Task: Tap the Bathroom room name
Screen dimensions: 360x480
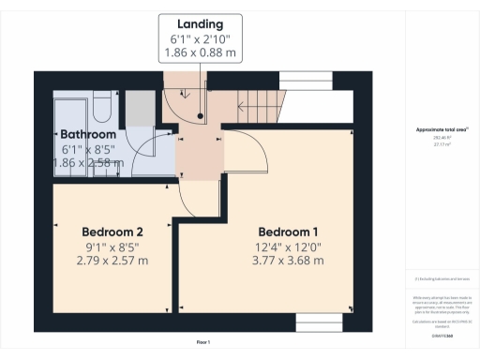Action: tap(88, 135)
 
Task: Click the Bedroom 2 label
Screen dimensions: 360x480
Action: tap(112, 232)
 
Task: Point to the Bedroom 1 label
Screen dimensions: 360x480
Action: tap(289, 232)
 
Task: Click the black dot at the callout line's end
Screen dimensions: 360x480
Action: tap(201, 117)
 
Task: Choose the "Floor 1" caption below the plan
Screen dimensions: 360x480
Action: tap(203, 341)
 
